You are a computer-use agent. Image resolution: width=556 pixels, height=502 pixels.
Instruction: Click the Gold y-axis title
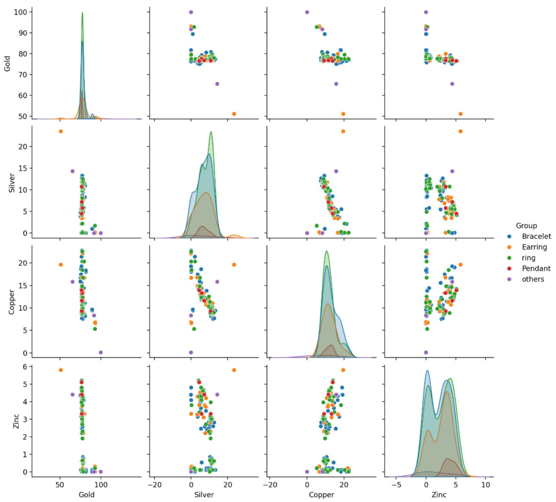coord(7,64)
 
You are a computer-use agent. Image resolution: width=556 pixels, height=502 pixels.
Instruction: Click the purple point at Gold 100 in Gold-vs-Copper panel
coord(307,12)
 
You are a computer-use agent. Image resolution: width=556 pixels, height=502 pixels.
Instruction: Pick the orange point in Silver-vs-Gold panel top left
coord(61,131)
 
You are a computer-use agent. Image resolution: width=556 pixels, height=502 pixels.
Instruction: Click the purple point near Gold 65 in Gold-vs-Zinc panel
coord(452,84)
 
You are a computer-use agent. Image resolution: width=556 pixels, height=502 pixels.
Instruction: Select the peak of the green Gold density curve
coord(82,13)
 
